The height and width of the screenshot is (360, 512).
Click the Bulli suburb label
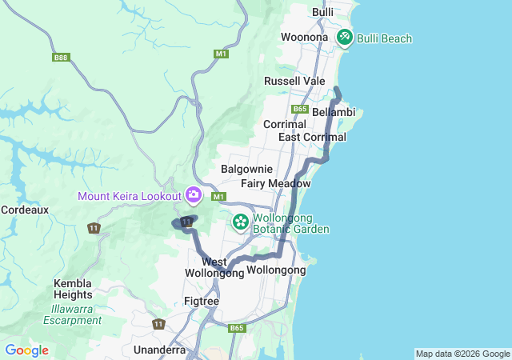(x=322, y=12)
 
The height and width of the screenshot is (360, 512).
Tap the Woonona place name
(x=304, y=38)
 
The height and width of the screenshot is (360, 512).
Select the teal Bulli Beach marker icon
(x=345, y=37)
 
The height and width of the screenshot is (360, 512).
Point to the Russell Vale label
(x=295, y=82)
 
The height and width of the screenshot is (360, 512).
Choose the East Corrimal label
(x=312, y=138)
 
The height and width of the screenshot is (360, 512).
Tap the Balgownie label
(x=247, y=170)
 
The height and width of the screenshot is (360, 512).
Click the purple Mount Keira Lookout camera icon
(x=193, y=194)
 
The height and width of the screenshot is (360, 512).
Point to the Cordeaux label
(x=25, y=210)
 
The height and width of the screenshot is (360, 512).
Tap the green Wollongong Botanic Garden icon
(x=240, y=221)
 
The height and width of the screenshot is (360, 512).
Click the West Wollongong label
(x=214, y=267)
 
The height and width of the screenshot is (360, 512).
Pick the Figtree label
(x=202, y=301)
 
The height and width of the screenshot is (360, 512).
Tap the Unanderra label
(x=160, y=350)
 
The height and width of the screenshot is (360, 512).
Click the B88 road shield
(x=61, y=58)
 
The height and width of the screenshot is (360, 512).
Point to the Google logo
(x=26, y=350)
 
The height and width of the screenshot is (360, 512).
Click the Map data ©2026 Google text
(x=462, y=354)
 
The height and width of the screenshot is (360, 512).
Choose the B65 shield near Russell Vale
(x=300, y=109)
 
